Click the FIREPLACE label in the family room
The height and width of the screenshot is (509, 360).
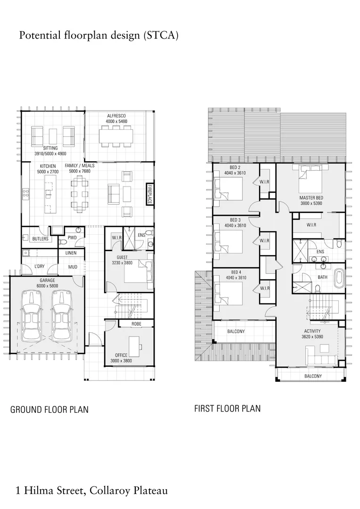pyautogui.click(x=150, y=194)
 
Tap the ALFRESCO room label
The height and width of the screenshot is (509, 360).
pyautogui.click(x=116, y=115)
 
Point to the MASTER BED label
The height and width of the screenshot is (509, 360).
pyautogui.click(x=311, y=197)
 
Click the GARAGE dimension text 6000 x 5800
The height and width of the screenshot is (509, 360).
pyautogui.click(x=48, y=286)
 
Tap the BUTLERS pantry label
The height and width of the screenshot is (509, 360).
pyautogui.click(x=40, y=239)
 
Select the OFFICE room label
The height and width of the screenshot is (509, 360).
pyautogui.click(x=121, y=355)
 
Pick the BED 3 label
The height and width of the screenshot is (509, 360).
pyautogui.click(x=235, y=220)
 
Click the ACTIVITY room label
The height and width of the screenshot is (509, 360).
pyautogui.click(x=312, y=331)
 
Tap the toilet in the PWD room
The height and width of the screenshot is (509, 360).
pyautogui.click(x=63, y=242)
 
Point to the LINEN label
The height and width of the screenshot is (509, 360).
pyautogui.click(x=71, y=253)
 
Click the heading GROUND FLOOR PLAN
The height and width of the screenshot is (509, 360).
pyautogui.click(x=49, y=410)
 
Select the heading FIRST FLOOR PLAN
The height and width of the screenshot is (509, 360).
pyautogui.click(x=227, y=408)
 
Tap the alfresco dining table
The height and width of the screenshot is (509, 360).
pyautogui.click(x=116, y=136)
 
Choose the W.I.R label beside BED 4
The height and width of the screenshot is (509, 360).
pyautogui.click(x=264, y=288)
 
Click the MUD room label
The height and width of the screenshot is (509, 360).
pyautogui.click(x=73, y=267)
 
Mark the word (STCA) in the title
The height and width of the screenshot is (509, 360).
pyautogui.click(x=161, y=35)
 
